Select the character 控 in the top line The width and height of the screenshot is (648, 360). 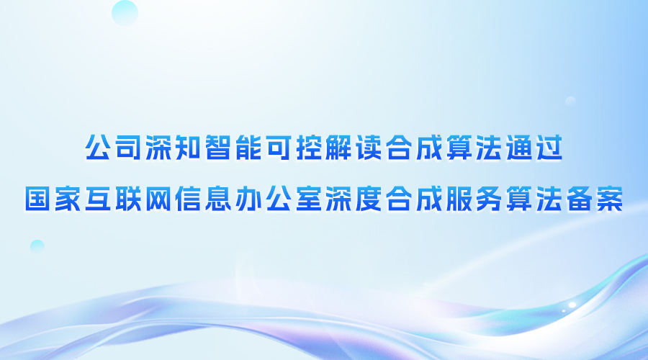pos(309,148)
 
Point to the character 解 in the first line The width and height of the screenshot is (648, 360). pos(339,148)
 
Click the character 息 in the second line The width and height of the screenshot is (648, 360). pos(218,199)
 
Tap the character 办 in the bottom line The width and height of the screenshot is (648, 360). pos(248,199)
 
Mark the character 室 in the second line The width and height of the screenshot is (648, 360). pos(309,199)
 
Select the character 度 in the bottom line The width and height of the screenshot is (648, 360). pos(369,199)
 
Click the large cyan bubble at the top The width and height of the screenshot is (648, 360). pos(125,13)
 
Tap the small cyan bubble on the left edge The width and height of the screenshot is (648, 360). pos(37,247)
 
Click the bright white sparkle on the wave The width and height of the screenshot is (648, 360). pos(572,305)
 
